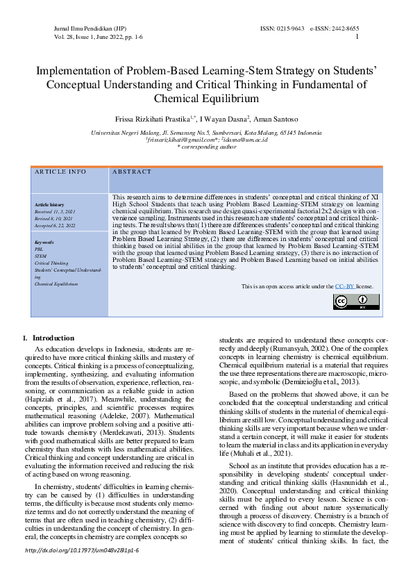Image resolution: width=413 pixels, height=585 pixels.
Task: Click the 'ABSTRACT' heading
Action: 131,172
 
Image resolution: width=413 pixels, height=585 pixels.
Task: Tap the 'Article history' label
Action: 49,205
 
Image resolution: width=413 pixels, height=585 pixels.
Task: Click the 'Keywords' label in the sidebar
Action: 44,242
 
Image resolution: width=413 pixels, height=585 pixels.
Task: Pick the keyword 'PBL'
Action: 39,249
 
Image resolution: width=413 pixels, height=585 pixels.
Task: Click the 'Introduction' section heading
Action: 53,338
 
